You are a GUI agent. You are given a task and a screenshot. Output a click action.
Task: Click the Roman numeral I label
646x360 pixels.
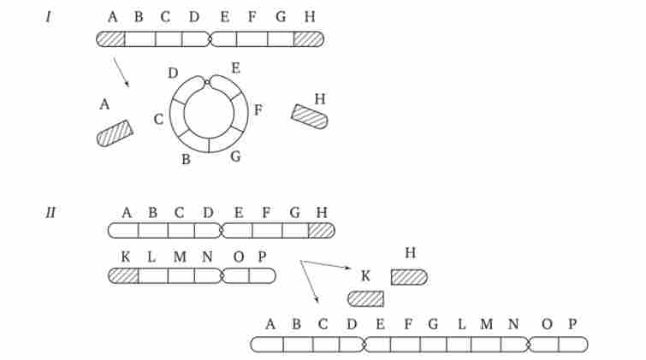tap(48, 16)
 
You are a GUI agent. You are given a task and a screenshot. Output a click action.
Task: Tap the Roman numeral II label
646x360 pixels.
tap(50, 211)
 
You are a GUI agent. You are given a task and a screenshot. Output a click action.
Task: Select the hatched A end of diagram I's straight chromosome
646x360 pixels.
tap(111, 38)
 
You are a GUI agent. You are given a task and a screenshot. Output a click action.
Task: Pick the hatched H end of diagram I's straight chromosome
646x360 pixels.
tap(308, 38)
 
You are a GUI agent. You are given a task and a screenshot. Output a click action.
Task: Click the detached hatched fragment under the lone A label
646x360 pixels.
tap(115, 133)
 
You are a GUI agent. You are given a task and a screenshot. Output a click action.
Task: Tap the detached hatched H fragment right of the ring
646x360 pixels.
tap(310, 116)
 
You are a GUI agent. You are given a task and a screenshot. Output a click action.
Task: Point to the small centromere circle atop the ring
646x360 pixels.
tap(207, 82)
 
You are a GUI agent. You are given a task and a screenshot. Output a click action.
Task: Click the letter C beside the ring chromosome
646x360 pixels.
tap(158, 120)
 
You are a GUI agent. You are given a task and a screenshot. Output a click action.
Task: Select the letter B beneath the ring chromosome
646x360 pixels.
tap(186, 159)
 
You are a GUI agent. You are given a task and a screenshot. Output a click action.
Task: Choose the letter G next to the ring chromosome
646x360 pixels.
tap(235, 156)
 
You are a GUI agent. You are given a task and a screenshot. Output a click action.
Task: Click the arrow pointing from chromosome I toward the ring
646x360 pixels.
tap(121, 74)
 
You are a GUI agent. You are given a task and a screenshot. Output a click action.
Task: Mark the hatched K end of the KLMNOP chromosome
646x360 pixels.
tap(123, 275)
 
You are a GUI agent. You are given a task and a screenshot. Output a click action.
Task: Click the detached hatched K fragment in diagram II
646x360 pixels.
tap(365, 298)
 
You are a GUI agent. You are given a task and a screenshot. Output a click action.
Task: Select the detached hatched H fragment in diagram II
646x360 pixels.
tap(409, 276)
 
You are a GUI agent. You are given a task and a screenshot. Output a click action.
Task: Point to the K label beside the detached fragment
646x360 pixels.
tap(365, 275)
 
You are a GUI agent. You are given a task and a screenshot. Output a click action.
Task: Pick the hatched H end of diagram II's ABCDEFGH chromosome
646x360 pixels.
tap(320, 230)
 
